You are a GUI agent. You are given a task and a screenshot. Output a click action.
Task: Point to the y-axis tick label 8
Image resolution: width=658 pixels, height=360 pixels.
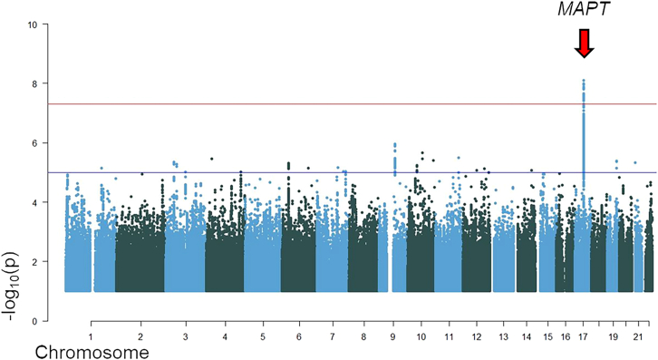(x=34, y=83)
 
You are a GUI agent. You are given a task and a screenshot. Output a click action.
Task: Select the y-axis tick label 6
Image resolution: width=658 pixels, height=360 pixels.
(x=34, y=143)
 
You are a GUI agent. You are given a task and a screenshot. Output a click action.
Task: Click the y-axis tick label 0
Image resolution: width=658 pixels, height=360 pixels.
(x=34, y=321)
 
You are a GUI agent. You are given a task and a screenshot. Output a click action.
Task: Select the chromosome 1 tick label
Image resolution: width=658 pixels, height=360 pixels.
(x=92, y=336)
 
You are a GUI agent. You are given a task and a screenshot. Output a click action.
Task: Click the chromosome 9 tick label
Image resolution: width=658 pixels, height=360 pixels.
(x=393, y=336)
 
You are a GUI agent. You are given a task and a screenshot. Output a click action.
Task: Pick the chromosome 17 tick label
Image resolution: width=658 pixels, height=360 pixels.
(x=584, y=336)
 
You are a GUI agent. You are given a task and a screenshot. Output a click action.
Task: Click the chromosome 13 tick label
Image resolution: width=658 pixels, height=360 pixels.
(x=503, y=336)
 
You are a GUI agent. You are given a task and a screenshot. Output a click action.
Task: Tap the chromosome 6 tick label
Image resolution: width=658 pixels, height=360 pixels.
(x=297, y=336)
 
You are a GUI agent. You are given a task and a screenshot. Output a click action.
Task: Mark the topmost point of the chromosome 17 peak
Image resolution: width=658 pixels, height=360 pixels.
(x=584, y=81)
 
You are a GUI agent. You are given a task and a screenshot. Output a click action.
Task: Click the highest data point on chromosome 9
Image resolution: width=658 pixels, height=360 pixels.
(x=394, y=144)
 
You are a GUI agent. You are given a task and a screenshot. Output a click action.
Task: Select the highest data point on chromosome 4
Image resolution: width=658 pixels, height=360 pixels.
(x=212, y=159)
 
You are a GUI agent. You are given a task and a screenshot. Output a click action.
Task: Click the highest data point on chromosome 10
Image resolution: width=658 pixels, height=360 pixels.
(x=422, y=153)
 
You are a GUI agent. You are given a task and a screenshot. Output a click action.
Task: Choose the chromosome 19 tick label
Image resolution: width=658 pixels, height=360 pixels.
(x=616, y=336)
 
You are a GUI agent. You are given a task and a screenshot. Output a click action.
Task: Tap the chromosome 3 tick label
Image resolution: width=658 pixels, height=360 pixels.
(x=186, y=336)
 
